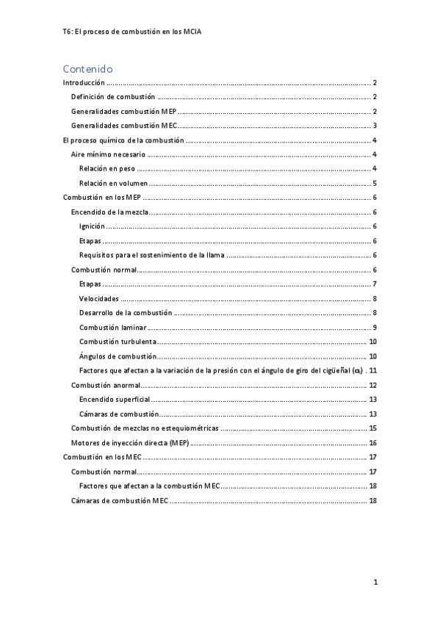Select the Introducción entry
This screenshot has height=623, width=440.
[x=84, y=83]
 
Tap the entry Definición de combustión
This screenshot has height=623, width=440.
[x=112, y=97]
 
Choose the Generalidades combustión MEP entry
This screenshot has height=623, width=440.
[x=123, y=112]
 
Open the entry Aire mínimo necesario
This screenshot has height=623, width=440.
[x=107, y=154]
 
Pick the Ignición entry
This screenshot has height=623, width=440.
[x=92, y=226]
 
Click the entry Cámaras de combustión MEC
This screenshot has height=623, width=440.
[x=119, y=500]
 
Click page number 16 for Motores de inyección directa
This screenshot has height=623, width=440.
[x=372, y=443]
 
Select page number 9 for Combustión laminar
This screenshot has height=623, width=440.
[x=375, y=327]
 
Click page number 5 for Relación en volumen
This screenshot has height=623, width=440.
[x=375, y=184]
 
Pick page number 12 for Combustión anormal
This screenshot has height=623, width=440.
[x=372, y=385]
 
